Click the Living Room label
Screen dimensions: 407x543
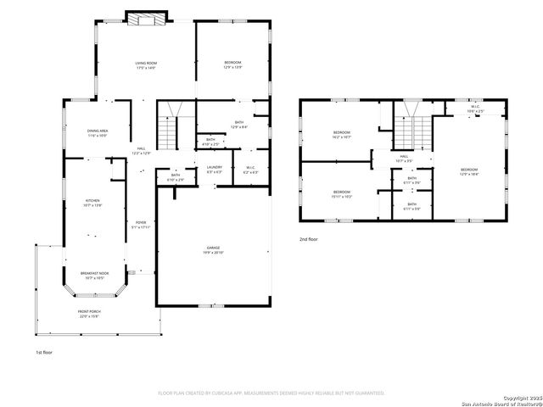(x=147, y=65)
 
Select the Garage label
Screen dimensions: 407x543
(x=214, y=250)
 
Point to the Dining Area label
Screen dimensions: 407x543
(x=97, y=132)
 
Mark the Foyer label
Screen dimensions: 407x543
(x=142, y=225)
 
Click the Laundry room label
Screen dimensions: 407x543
(x=215, y=169)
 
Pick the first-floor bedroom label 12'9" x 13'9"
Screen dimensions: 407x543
(x=232, y=65)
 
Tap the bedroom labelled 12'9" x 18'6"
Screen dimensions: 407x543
(x=469, y=172)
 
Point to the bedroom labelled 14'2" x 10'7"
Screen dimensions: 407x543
(x=341, y=134)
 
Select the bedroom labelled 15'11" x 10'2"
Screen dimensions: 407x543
(x=341, y=194)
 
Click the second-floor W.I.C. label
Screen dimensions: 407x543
(x=475, y=109)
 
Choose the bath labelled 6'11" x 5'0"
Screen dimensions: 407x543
(x=411, y=206)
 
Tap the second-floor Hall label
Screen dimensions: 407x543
(x=405, y=159)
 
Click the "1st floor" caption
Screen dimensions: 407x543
(x=44, y=351)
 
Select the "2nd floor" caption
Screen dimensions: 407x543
(x=309, y=240)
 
